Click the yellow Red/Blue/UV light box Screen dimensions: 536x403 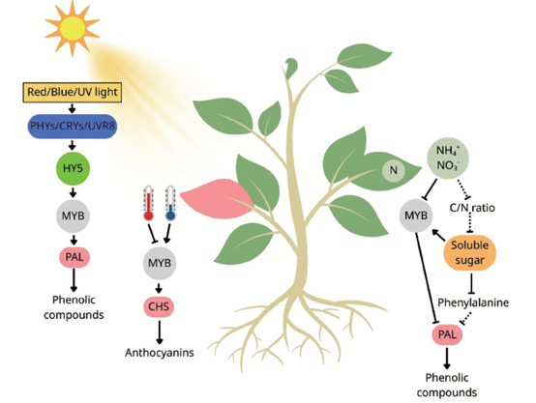[73, 92]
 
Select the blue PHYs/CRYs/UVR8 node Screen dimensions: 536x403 [73, 126]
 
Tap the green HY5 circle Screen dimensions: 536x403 [73, 168]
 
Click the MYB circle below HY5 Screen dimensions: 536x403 [73, 216]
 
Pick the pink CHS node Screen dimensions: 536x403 [159, 306]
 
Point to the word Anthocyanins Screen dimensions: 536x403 [160, 353]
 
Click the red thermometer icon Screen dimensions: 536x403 [148, 203]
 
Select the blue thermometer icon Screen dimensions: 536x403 [170, 203]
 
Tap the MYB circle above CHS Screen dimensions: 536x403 [160, 263]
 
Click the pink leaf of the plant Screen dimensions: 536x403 [216, 199]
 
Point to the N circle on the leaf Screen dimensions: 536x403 [394, 170]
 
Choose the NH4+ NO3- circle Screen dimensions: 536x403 [448, 158]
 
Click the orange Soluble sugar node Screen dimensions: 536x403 [469, 253]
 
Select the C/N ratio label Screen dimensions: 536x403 [472, 208]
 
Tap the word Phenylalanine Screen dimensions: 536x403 [473, 302]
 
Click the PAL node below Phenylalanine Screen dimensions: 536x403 [447, 334]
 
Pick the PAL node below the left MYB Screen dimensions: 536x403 [74, 257]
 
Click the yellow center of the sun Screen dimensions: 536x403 [73, 28]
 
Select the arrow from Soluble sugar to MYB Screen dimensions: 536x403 [439, 236]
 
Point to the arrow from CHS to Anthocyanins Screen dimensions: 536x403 [159, 332]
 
